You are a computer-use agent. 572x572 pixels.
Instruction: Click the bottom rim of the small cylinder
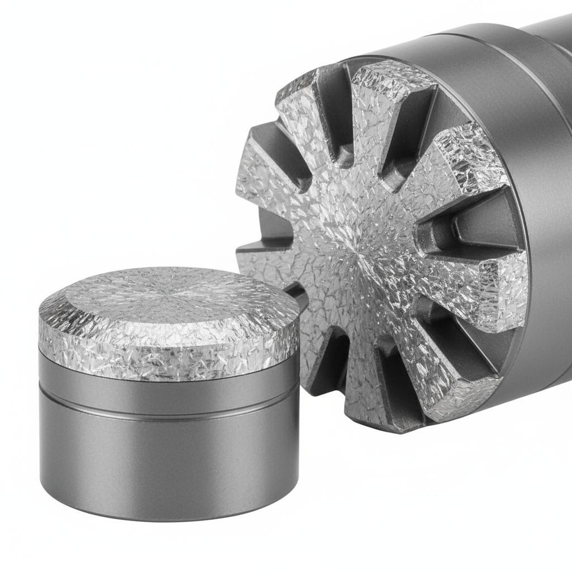click(x=168, y=517)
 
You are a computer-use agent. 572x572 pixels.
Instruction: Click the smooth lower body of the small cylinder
click(x=168, y=458)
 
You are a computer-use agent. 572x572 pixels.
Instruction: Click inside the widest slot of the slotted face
click(x=469, y=223)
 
